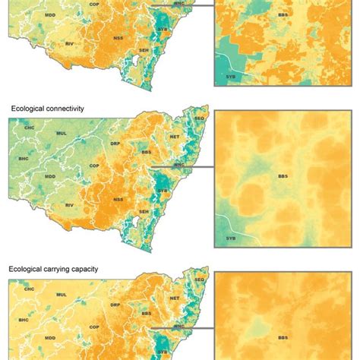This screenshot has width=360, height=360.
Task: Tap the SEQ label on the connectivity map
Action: pos(201,119)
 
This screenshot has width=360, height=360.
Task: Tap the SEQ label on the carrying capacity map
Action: pos(201,279)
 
